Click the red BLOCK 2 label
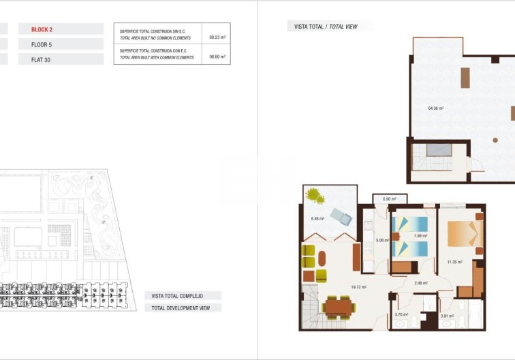pyautogui.click(x=42, y=29)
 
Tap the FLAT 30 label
pyautogui.click(x=41, y=59)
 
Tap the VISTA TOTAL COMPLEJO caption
pyautogui.click(x=182, y=296)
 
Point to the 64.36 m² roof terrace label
pyautogui.click(x=436, y=108)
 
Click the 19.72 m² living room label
pyautogui.click(x=358, y=287)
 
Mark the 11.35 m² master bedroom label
pyautogui.click(x=454, y=261)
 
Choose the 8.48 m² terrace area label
pyautogui.click(x=317, y=218)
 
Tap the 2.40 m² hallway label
pyautogui.click(x=420, y=283)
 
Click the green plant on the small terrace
pyautogui.click(x=315, y=196)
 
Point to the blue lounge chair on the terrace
pyautogui.click(x=340, y=217)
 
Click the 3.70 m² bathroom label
pyautogui.click(x=401, y=314)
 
